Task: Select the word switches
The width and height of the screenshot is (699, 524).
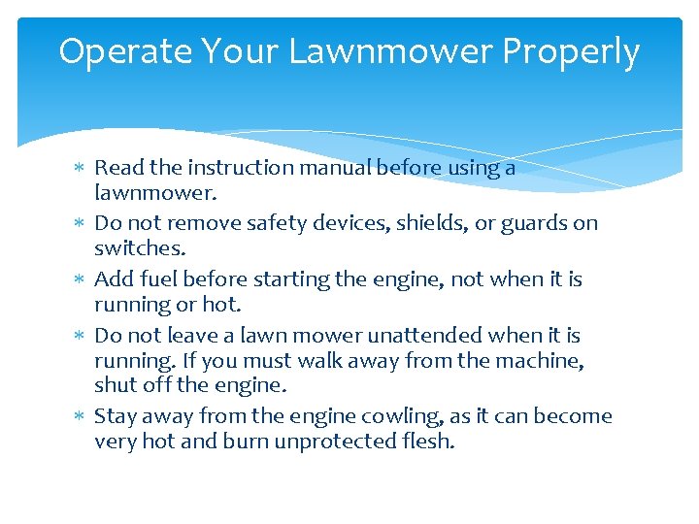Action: tap(138, 249)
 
